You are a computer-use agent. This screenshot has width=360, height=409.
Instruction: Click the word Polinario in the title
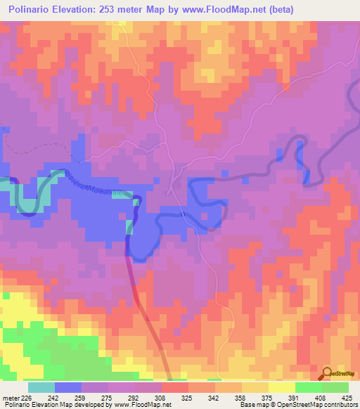coord(37,10)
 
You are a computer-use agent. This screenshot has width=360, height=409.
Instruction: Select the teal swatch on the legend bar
coord(41,387)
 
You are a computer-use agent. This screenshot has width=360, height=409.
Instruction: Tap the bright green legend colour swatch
coord(309,387)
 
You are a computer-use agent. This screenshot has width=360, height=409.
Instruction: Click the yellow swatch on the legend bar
coord(282,387)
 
